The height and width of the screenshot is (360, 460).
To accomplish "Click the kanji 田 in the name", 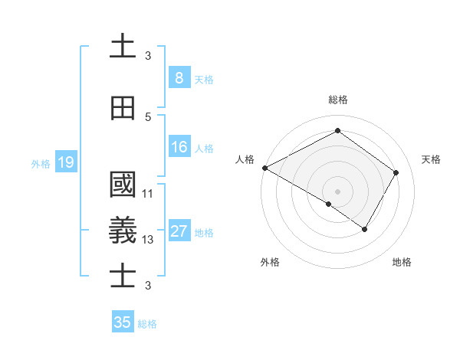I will coord(123,109).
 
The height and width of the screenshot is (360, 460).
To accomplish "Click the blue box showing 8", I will coord(179,78).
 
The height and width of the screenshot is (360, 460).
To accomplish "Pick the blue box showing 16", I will coord(179,148).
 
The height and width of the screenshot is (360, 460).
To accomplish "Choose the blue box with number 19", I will coord(65,162).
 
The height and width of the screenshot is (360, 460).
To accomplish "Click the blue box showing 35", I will coord(123,322).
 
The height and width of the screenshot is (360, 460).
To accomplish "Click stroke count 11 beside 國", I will coord(148,194).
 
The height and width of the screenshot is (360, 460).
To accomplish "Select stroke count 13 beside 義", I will coord(148,240).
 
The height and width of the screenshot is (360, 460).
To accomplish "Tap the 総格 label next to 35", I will coord(147,324).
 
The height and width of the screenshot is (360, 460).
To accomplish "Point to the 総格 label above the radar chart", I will coord(337,100).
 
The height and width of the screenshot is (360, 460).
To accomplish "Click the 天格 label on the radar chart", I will coord(432,159).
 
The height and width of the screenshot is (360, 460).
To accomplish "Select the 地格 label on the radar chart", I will coord(402,263).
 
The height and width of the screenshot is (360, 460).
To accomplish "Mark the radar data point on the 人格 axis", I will coord(264,168).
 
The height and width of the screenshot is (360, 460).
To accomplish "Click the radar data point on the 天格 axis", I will coord(396,172).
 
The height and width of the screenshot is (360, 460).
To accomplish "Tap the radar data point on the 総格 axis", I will coord(337,131).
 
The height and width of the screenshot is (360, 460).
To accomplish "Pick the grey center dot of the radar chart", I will coord(337,191).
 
